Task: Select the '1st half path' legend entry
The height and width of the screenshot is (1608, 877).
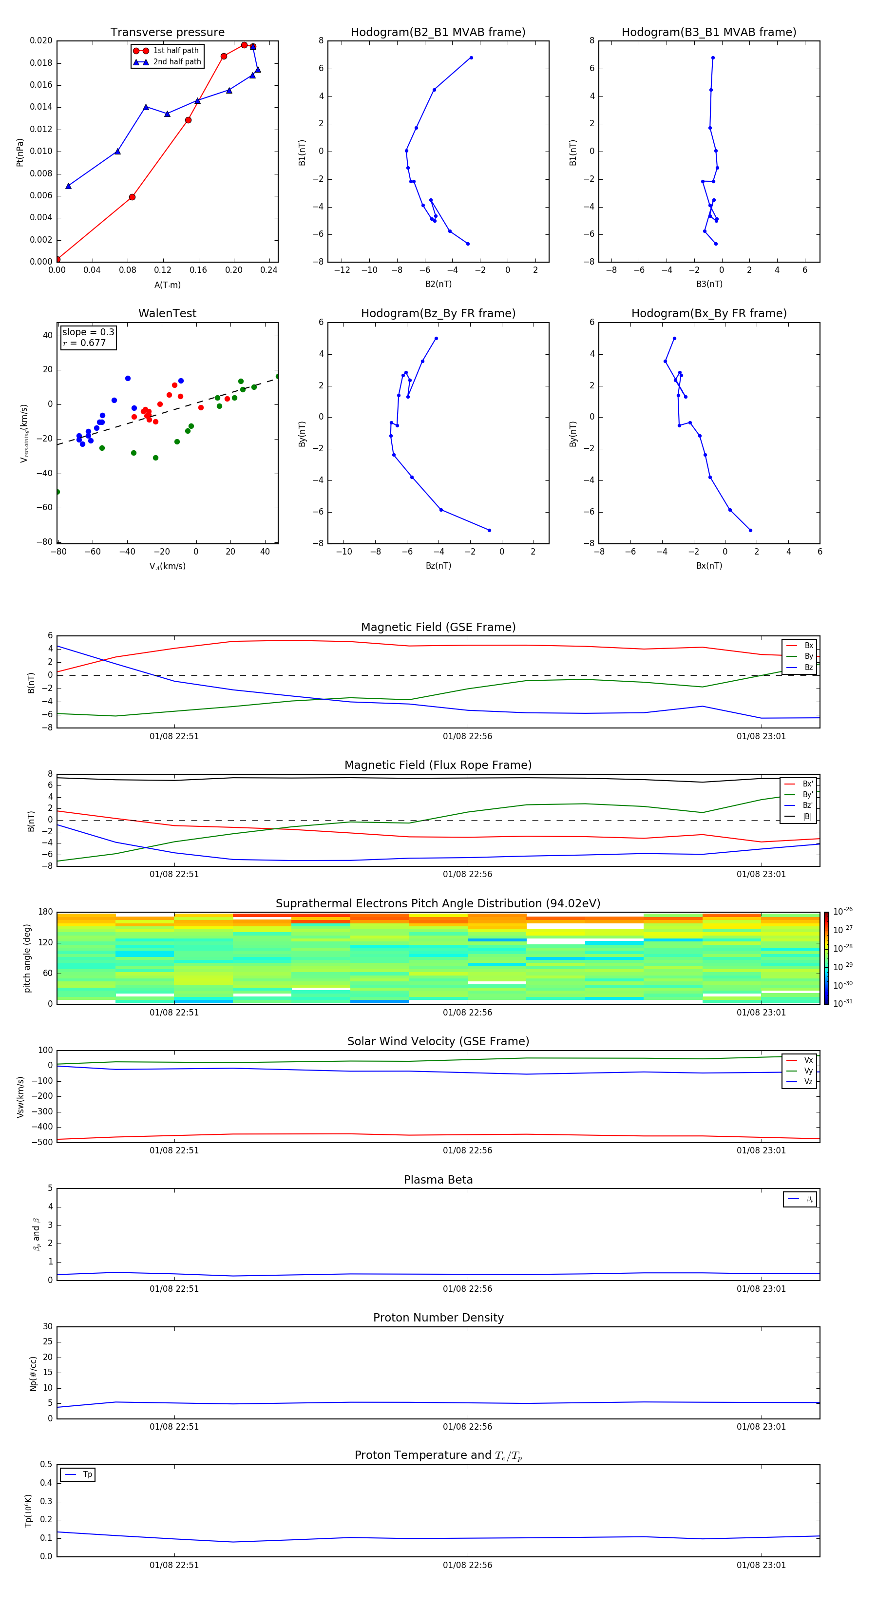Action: [x=175, y=51]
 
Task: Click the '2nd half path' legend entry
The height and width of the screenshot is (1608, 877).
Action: [x=177, y=62]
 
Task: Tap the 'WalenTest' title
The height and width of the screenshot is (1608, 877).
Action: [x=167, y=313]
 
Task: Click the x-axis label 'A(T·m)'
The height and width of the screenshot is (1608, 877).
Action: [x=167, y=285]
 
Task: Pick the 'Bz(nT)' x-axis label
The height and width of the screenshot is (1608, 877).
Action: [x=438, y=566]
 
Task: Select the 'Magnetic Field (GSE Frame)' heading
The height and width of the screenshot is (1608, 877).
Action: [x=438, y=627]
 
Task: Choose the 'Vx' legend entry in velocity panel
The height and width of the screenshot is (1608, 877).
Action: [x=808, y=1060]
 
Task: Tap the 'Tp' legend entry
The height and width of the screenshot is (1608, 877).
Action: [x=87, y=1474]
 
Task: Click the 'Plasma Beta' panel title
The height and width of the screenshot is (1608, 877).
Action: [x=438, y=1180]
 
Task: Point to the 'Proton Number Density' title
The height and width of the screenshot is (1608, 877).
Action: [x=438, y=1318]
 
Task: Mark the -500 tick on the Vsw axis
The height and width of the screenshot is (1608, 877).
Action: [x=42, y=1142]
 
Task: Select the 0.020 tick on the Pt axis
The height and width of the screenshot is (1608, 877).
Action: [x=41, y=40]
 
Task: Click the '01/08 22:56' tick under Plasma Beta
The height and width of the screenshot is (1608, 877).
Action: [x=468, y=1288]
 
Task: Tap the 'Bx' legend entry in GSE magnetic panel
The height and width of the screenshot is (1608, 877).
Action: [x=808, y=646]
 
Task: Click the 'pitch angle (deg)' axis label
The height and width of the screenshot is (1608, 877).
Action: [x=27, y=957]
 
